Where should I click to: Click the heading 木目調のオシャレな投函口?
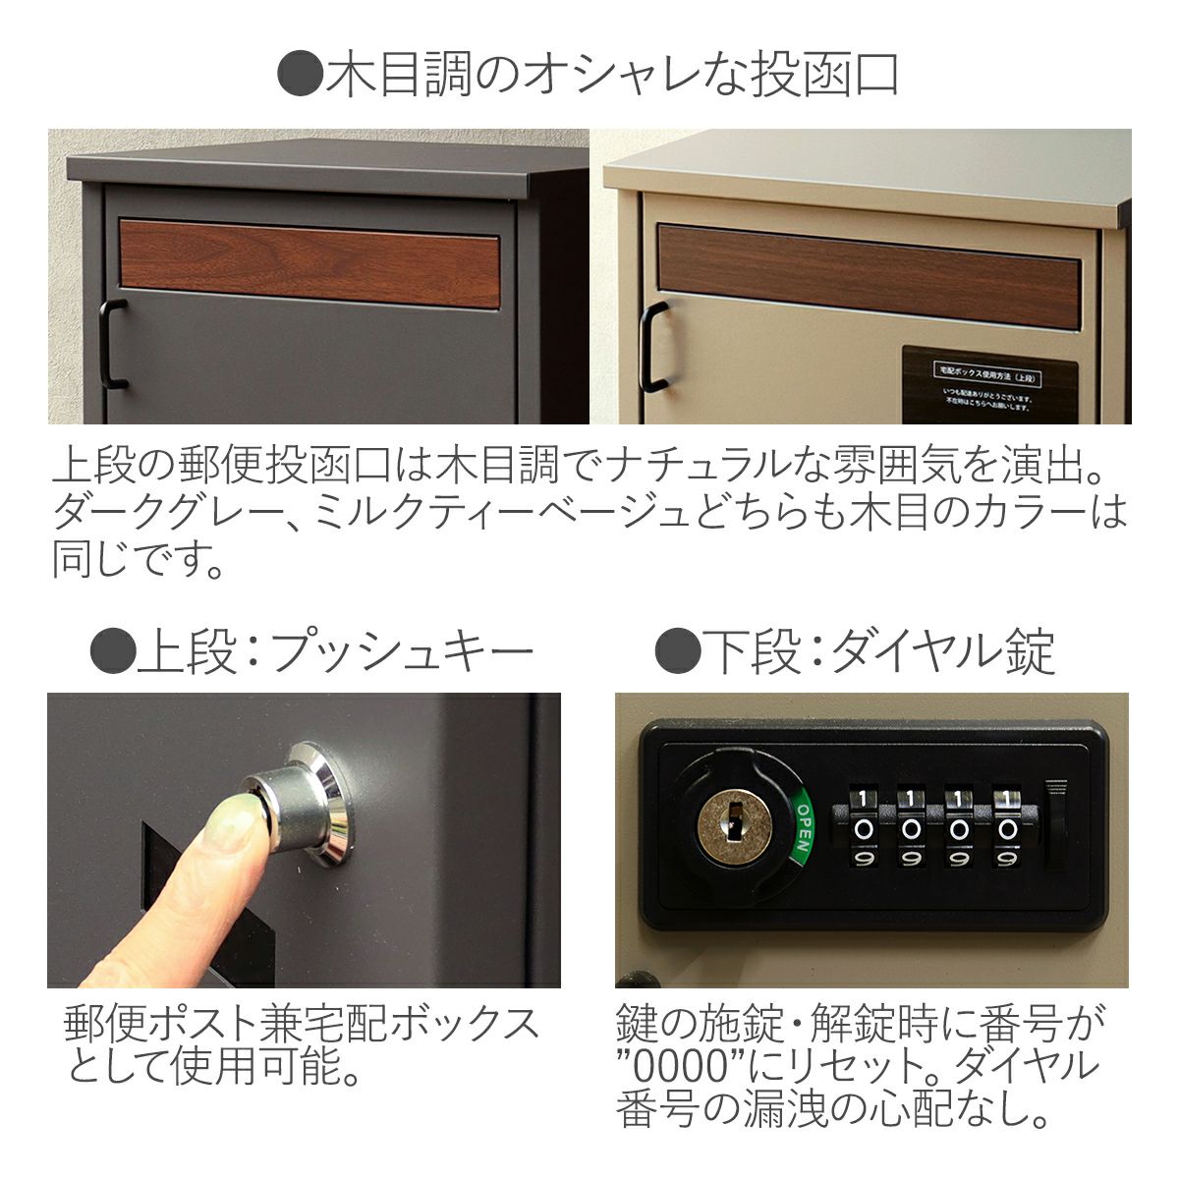click(x=589, y=76)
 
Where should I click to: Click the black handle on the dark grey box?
click(x=113, y=344)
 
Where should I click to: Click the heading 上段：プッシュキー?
click(x=312, y=651)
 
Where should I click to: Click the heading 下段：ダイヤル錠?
click(x=855, y=651)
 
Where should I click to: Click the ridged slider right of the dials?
click(x=1054, y=825)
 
